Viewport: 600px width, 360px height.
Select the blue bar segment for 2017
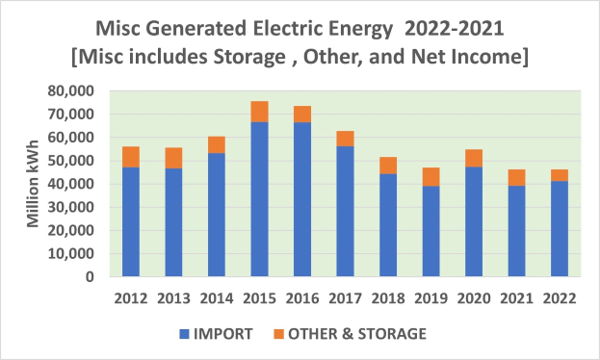344,212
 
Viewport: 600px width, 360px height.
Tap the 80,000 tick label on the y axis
75,90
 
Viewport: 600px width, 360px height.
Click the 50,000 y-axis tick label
75,161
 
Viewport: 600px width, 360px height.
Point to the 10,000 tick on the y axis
75,253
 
